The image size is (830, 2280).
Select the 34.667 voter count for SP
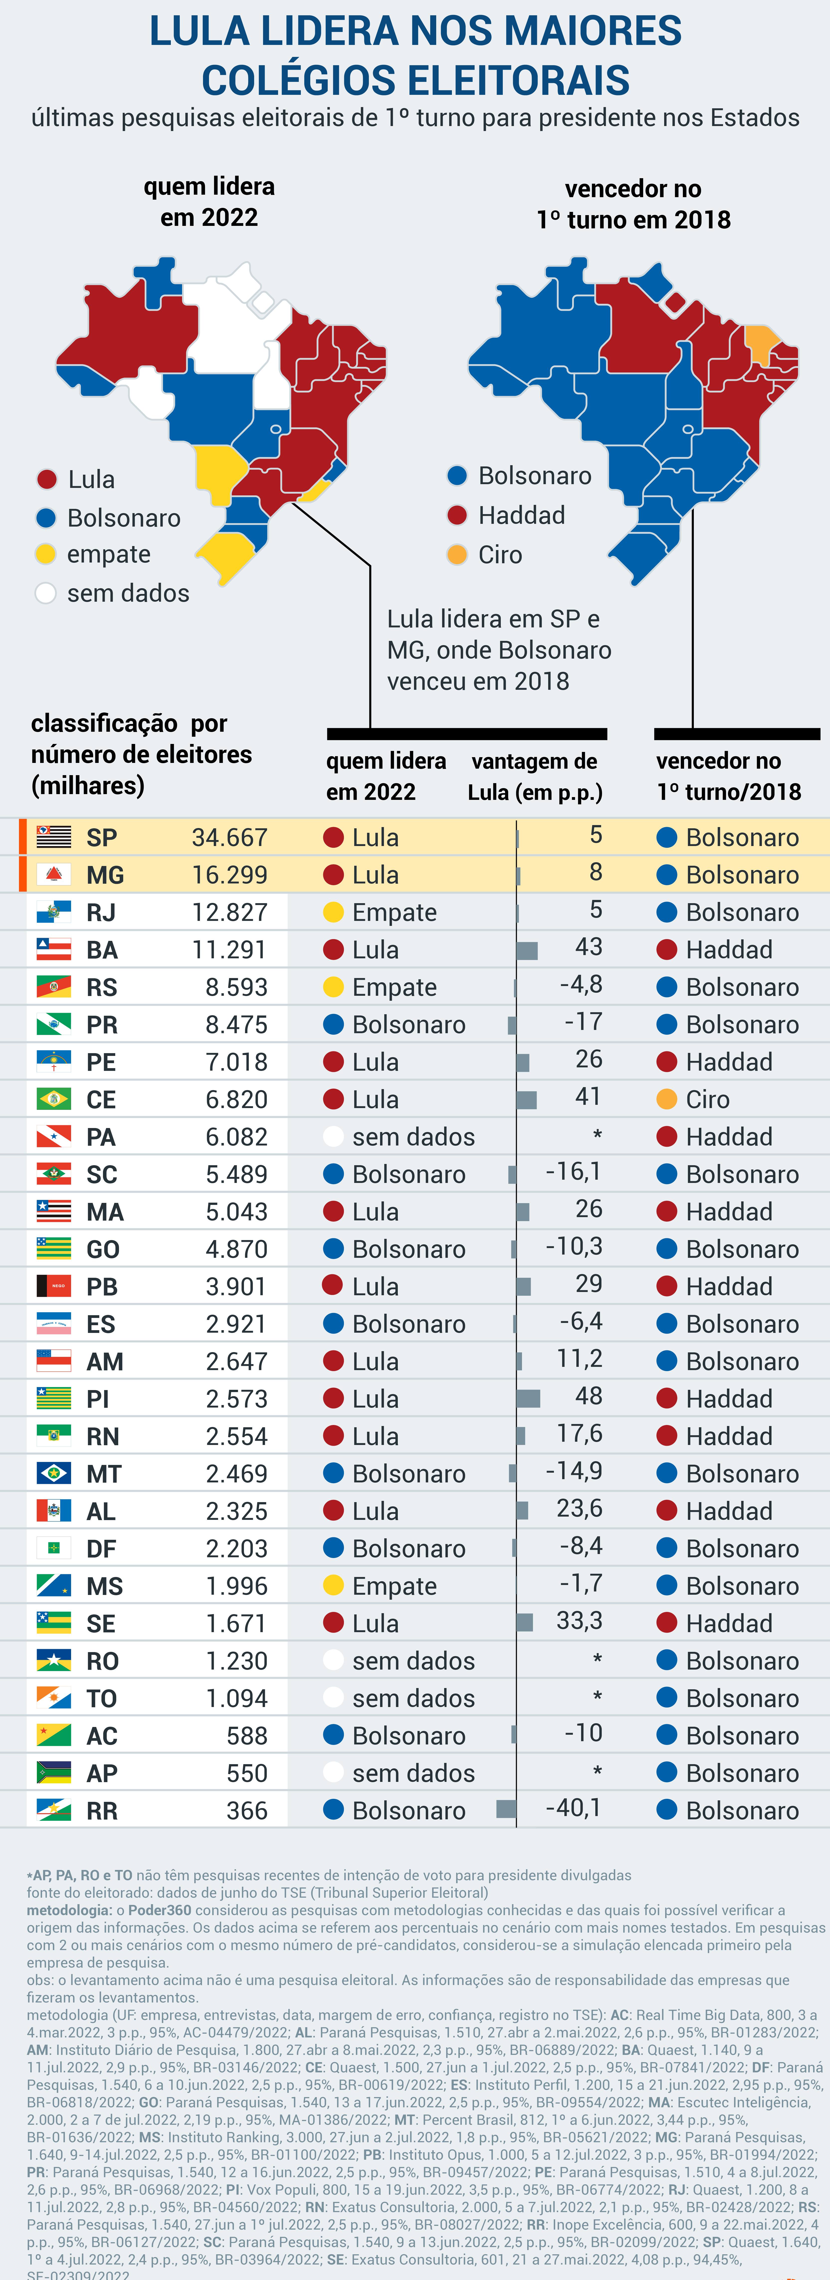point(229,837)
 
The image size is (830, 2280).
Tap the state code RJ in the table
point(101,913)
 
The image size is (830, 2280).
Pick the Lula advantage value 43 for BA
point(588,947)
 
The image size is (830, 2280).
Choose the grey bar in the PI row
point(528,1399)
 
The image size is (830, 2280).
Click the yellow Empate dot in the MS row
point(334,1585)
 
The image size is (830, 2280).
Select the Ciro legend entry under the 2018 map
point(500,555)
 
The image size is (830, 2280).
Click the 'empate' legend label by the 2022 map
point(109,554)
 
